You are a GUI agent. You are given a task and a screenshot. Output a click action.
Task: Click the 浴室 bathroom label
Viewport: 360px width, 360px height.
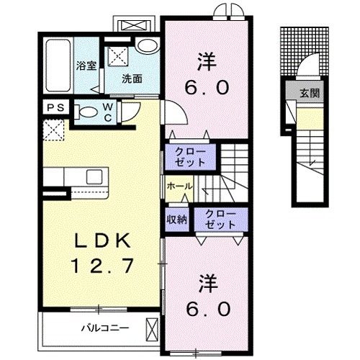[86, 66]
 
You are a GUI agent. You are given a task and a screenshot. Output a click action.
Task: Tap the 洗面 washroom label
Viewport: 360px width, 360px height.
[132, 78]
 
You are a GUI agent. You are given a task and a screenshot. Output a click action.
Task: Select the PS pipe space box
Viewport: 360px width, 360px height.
[56, 107]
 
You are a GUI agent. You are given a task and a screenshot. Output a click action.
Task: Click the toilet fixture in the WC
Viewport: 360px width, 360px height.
[86, 112]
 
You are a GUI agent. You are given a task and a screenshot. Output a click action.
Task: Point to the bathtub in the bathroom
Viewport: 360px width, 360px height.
[58, 66]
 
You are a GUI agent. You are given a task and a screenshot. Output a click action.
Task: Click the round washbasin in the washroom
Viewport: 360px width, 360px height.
[147, 45]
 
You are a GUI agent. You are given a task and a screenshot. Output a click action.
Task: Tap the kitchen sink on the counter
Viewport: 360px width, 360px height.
[94, 176]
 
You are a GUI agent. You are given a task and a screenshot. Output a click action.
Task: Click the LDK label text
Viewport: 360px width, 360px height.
[103, 240]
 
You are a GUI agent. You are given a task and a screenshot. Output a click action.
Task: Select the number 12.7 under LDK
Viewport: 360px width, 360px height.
[102, 266]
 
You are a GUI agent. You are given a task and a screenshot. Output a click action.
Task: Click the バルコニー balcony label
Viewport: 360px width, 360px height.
[105, 328]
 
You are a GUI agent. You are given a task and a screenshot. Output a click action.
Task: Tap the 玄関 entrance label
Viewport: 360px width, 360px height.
[310, 93]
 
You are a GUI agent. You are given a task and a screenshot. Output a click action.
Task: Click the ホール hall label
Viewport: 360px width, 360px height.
[179, 186]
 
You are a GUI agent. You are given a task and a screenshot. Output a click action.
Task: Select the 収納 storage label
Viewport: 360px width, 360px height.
[177, 219]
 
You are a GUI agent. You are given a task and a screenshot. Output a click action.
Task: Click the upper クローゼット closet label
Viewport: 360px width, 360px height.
[190, 157]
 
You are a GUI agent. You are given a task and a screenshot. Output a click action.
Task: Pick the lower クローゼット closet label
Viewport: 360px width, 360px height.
[220, 220]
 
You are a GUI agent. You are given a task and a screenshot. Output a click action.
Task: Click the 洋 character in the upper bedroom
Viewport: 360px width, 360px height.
[207, 62]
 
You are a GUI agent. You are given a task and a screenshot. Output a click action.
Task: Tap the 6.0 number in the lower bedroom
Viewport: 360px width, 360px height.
[208, 310]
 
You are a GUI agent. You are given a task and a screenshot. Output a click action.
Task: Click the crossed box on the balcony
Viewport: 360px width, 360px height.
[153, 330]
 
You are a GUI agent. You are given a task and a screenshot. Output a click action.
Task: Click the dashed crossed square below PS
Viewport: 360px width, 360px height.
[54, 130]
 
